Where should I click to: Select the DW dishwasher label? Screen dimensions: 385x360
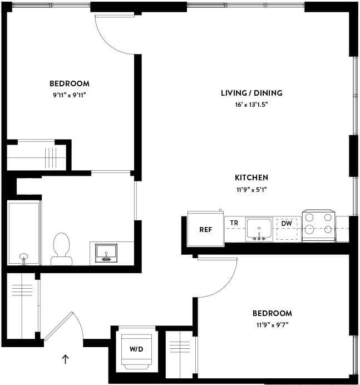coord(287,224)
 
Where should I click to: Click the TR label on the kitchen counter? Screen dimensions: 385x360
coord(234,224)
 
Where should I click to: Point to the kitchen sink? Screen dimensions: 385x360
coord(259,229)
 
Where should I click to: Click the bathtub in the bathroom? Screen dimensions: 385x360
coord(24,233)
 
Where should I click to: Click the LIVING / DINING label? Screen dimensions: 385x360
coord(251,93)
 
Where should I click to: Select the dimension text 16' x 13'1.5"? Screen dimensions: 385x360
coord(251,105)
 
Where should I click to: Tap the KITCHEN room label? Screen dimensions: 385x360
coord(251,178)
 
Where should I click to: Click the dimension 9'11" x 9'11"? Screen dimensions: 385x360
coord(70,95)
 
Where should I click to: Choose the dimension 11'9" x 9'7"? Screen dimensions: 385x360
coord(272,325)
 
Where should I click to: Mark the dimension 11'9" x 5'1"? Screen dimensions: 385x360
coord(251,190)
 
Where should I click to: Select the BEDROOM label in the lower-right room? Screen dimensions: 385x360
coord(272,313)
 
